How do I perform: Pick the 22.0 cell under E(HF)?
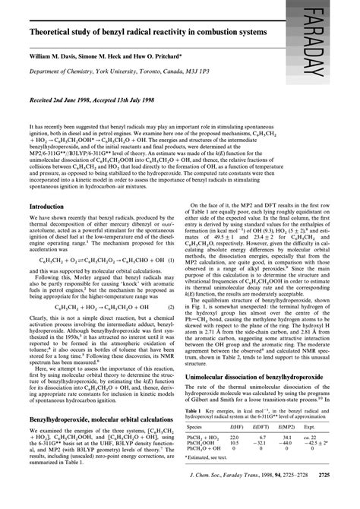(235, 457)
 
